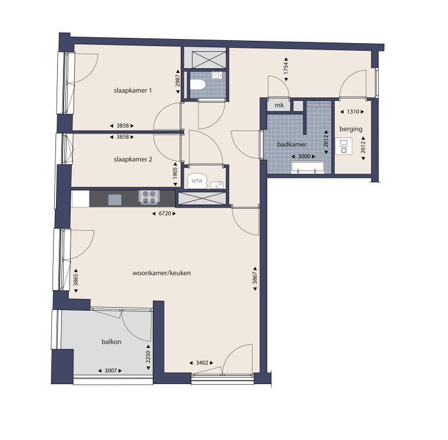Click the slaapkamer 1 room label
pos(133,90)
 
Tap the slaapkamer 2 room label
pos(133,159)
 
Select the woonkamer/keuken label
pos(170,272)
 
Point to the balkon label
pos(111,342)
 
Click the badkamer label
pos(293,143)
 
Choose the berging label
pos(351,128)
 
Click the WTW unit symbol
pos(198,181)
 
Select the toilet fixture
pos(197,85)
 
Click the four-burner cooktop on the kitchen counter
pos(148,197)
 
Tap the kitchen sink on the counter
pos(115,199)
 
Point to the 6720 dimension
pos(163,214)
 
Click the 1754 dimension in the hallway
pos(287,66)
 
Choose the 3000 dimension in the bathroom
pos(304,156)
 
